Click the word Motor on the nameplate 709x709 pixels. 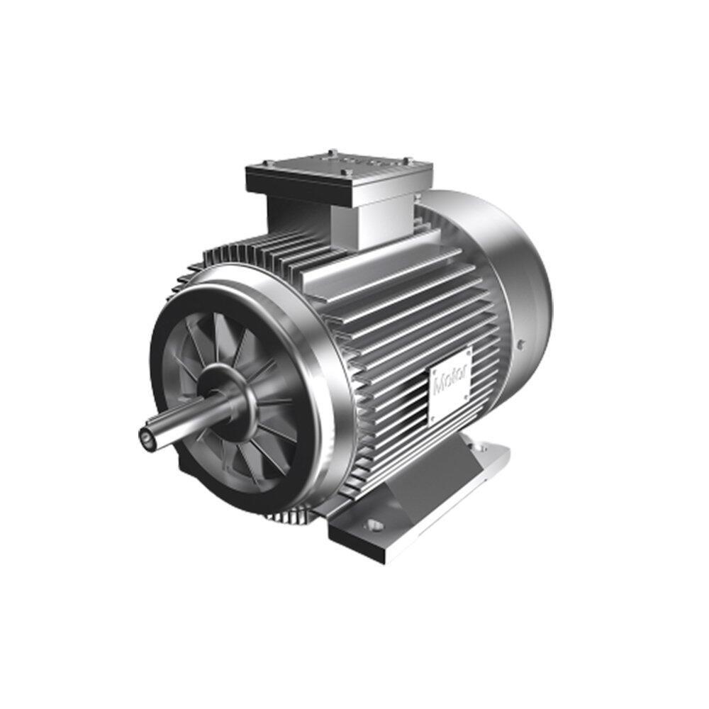click(x=450, y=382)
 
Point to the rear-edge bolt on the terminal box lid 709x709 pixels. click(x=331, y=152)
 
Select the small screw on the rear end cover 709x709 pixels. click(x=522, y=344)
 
